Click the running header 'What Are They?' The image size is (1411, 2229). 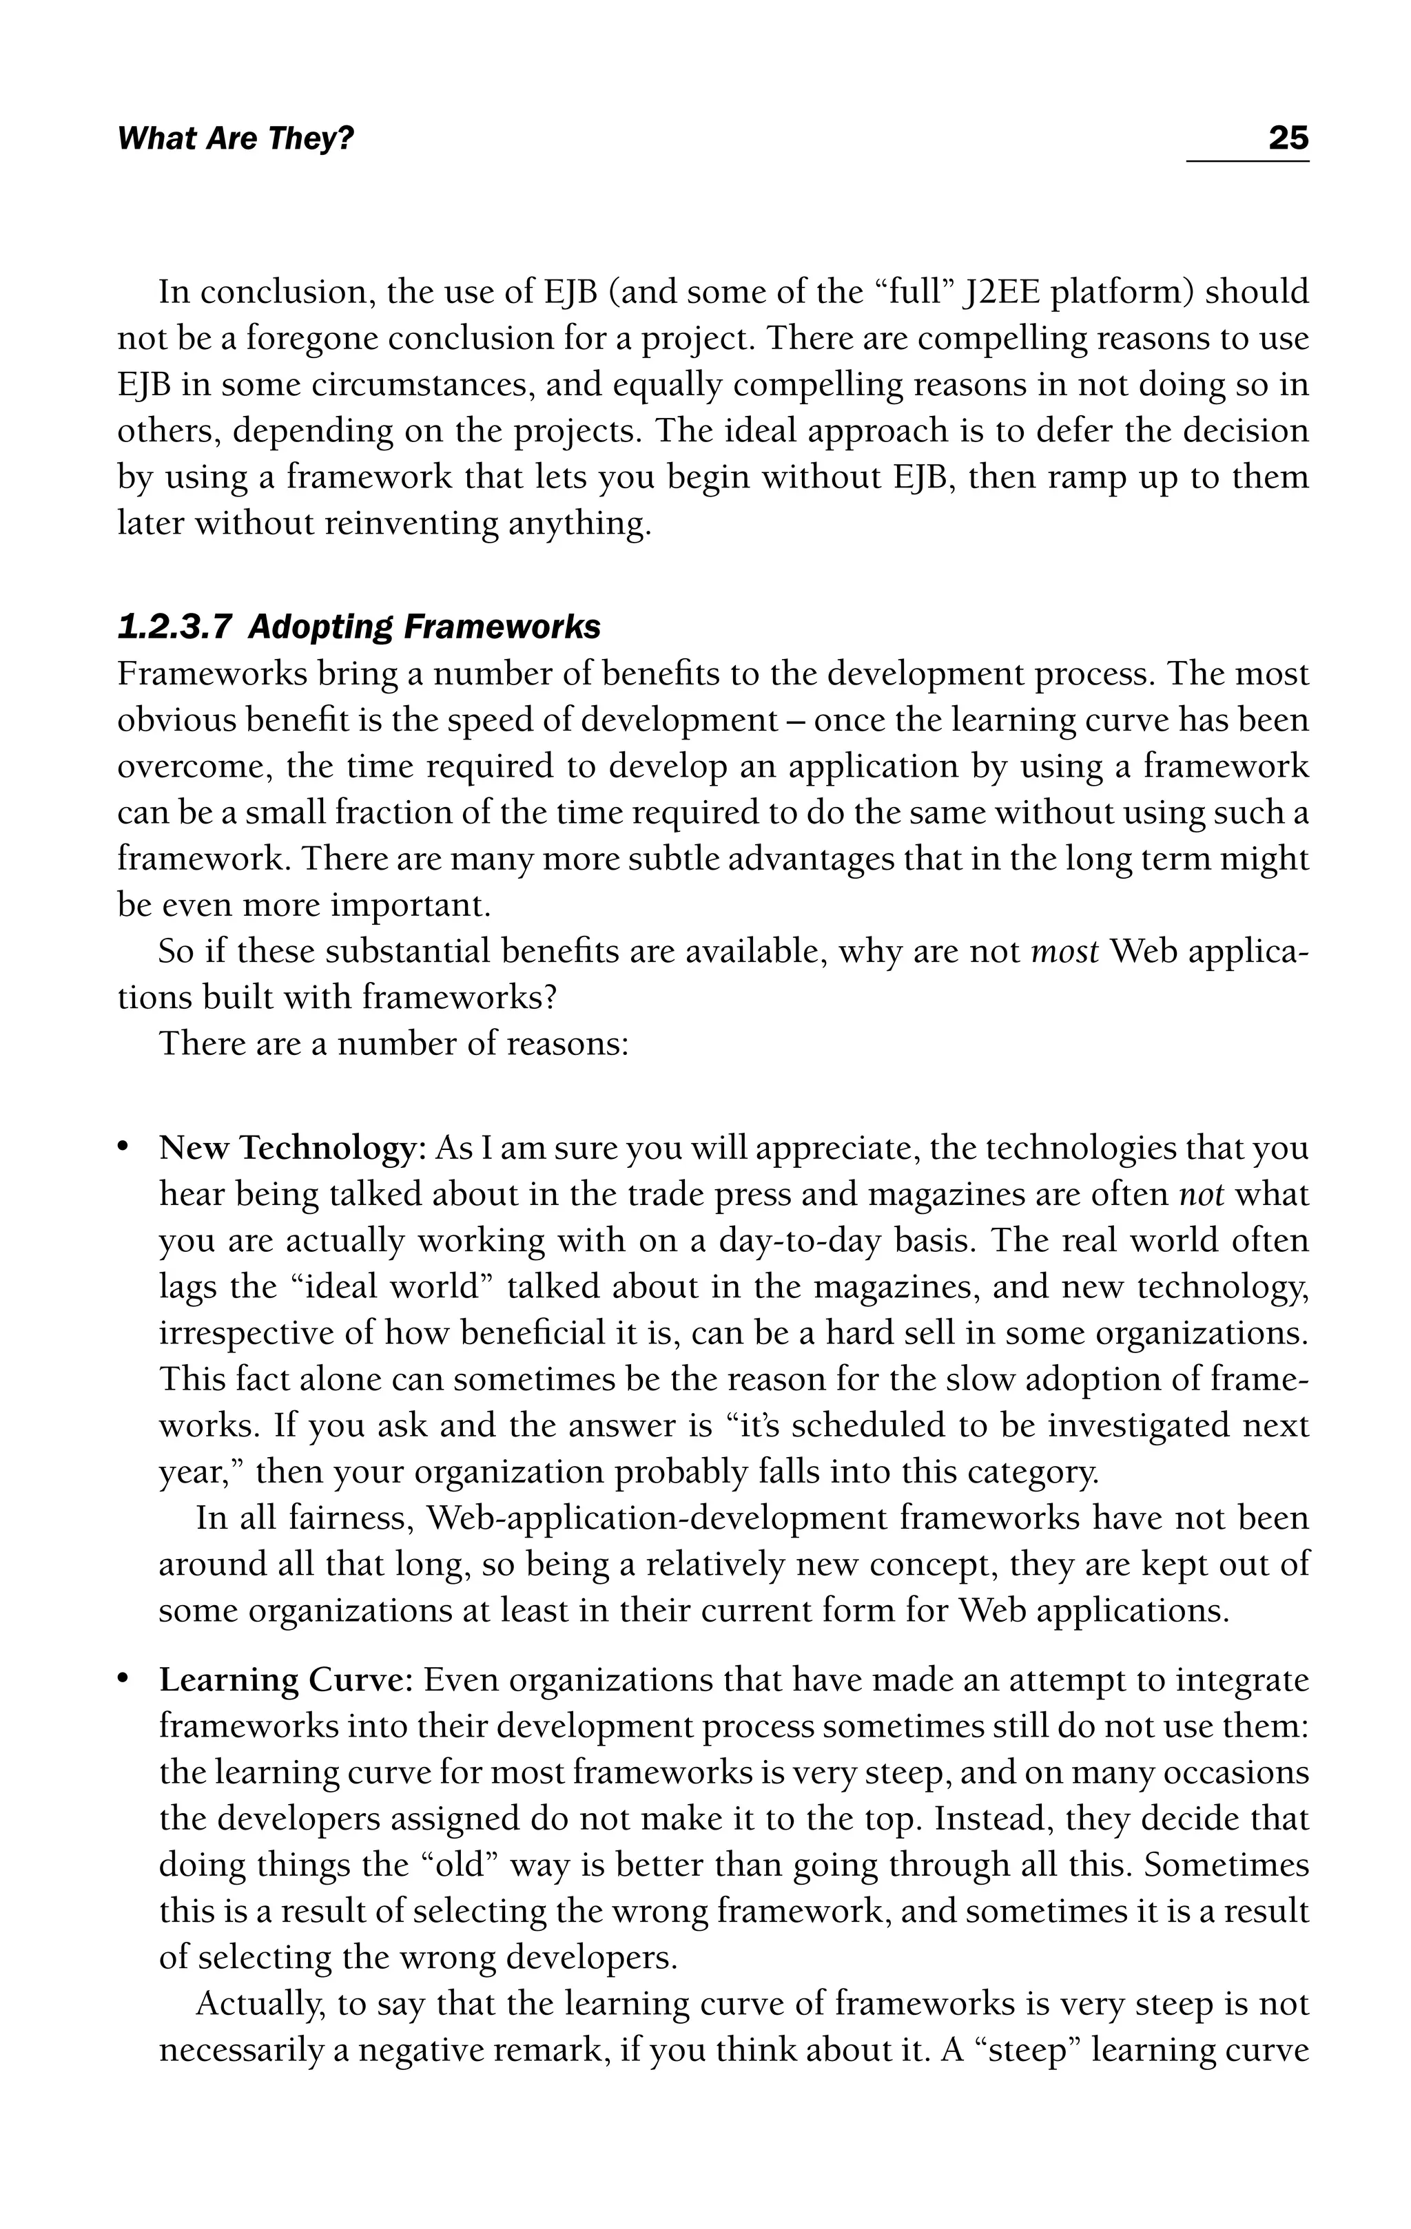coord(236,140)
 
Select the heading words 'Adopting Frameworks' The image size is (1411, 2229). coord(423,627)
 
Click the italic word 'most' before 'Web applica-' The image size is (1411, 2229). coord(1064,952)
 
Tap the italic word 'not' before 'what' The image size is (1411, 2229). coord(1201,1195)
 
